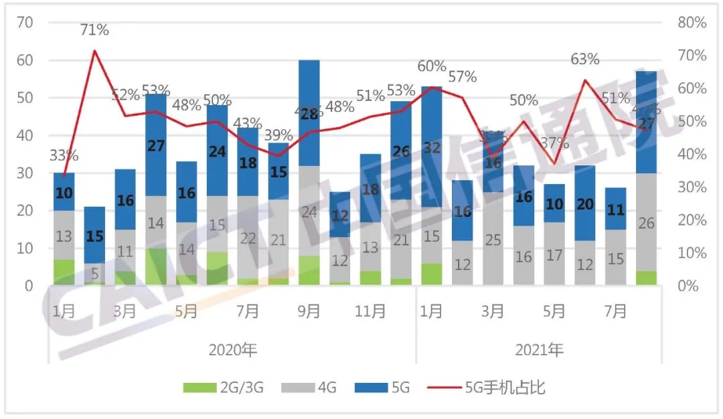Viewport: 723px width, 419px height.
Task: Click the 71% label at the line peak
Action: [x=94, y=30]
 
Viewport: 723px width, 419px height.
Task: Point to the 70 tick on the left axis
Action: [x=25, y=23]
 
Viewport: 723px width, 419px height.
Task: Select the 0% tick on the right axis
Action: [x=687, y=286]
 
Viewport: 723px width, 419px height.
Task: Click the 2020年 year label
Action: [x=232, y=349]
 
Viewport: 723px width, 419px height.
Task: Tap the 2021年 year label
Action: [x=540, y=349]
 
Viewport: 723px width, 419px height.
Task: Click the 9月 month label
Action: [x=309, y=311]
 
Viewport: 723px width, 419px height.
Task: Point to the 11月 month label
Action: [x=370, y=311]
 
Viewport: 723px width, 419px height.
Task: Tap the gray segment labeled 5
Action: [x=94, y=273]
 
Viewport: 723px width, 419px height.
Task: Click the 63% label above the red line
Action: [x=584, y=60]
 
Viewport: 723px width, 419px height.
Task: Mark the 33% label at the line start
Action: [x=64, y=155]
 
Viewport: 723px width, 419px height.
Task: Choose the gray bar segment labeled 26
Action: [x=647, y=223]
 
